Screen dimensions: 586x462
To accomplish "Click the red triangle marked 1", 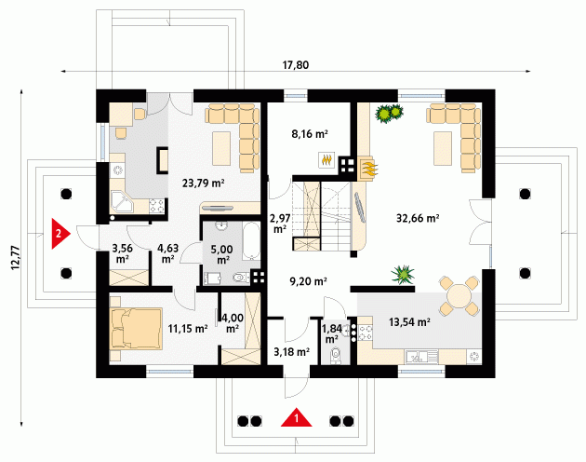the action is click(297, 418).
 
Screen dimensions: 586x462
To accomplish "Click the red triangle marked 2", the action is click(60, 233).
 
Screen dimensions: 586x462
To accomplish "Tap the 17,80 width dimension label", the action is click(295, 65).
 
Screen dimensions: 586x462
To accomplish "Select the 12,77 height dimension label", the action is click(16, 258).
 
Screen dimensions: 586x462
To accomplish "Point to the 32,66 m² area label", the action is click(418, 218).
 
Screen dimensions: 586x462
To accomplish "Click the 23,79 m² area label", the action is click(204, 183).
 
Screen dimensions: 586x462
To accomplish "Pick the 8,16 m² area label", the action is click(310, 133).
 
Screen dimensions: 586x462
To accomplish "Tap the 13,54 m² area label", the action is click(409, 321).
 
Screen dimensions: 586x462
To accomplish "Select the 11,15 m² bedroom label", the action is click(188, 329).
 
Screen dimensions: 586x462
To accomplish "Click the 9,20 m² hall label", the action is click(309, 281).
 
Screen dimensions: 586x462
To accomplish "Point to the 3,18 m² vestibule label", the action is click(291, 352).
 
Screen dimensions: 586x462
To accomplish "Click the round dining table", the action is click(459, 295).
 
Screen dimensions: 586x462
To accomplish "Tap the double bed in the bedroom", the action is click(136, 329).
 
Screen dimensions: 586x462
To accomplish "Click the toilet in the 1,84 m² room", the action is click(336, 355).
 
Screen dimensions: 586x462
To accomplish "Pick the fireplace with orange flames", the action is click(366, 168).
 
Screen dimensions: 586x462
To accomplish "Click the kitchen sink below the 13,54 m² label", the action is click(421, 357).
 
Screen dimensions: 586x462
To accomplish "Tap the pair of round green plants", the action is click(390, 113).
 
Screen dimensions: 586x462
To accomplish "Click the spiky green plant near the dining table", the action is click(403, 275).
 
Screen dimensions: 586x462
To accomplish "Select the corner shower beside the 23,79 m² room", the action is click(122, 202).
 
